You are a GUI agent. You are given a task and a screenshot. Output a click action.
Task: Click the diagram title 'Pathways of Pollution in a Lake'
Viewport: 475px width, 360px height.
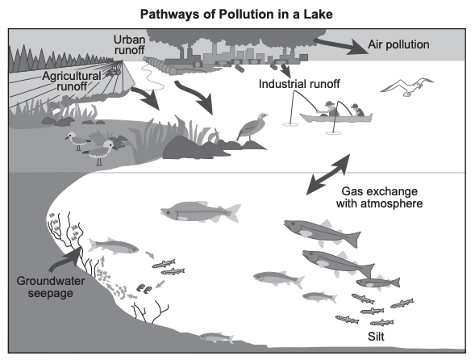click(236, 15)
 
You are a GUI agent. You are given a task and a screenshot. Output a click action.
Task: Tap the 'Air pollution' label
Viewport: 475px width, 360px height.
click(398, 44)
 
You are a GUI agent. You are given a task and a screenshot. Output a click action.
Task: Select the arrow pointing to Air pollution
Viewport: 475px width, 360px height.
click(341, 46)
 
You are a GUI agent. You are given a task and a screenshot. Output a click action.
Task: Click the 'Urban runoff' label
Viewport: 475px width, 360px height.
click(129, 44)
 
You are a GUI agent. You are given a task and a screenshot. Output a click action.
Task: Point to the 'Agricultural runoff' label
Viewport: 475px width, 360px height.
click(72, 81)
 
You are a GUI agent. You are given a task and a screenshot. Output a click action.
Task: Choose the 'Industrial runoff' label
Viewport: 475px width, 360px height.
click(299, 84)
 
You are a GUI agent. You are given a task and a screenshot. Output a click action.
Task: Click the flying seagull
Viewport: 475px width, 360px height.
click(407, 86)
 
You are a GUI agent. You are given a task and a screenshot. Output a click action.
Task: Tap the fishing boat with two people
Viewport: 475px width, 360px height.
click(335, 115)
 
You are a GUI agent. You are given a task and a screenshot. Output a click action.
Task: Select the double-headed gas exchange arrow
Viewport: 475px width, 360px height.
click(328, 174)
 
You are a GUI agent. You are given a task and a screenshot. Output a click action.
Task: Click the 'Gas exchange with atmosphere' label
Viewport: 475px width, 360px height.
click(379, 197)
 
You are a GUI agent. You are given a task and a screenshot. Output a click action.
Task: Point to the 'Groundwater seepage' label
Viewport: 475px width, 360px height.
click(51, 287)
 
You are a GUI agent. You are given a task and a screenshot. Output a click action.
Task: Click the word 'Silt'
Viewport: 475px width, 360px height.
click(376, 337)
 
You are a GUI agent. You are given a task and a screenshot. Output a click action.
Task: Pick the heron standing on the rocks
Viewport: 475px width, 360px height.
click(252, 128)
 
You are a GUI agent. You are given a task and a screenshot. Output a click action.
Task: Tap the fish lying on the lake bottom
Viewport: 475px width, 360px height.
click(217, 337)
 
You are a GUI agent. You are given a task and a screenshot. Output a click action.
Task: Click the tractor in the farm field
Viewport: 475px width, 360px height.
click(113, 71)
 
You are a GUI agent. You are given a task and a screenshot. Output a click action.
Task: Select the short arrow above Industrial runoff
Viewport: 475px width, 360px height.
click(285, 70)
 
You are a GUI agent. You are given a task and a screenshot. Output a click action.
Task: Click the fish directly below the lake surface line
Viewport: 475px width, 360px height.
click(200, 211)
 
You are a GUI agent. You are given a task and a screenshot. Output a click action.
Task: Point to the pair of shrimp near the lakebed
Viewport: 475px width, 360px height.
click(144, 288)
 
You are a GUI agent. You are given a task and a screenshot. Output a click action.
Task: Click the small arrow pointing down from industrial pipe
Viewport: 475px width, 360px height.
click(285, 70)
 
